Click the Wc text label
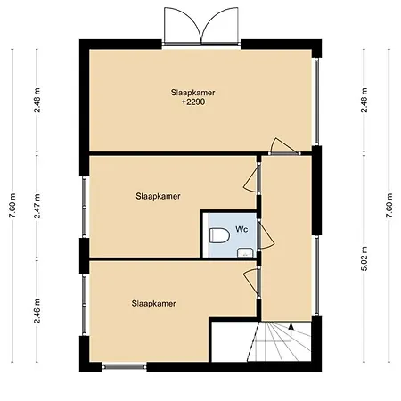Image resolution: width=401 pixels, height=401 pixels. coord(241,229)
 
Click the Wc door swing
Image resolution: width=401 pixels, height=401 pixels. coord(263,233)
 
